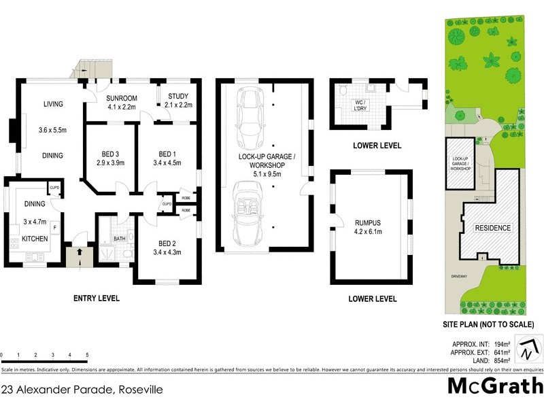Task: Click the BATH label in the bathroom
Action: coord(119,239)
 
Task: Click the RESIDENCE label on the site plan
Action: coord(492,227)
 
